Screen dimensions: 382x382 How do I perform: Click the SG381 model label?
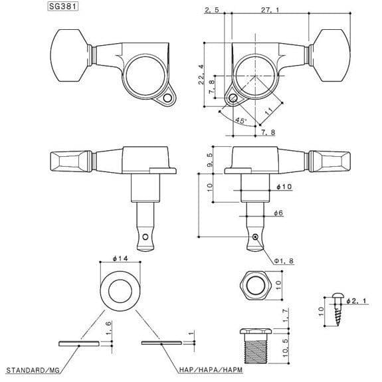(x=62, y=9)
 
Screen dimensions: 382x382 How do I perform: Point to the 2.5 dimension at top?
(x=213, y=10)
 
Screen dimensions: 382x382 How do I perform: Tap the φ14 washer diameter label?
(x=120, y=258)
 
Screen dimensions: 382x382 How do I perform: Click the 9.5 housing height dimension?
(x=209, y=159)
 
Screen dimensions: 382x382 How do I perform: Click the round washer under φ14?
(x=120, y=287)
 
